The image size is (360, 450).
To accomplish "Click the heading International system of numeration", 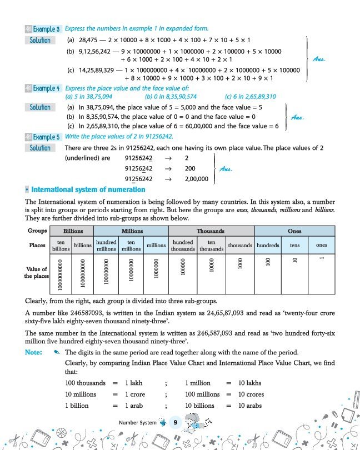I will tap(88, 190).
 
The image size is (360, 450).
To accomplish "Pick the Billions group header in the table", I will tap(73, 231).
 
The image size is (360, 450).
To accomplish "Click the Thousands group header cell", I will tap(211, 231).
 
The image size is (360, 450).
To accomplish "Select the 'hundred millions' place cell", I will tap(106, 246).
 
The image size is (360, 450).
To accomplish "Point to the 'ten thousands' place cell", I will tap(211, 246).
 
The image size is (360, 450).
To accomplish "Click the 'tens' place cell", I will tap(294, 245).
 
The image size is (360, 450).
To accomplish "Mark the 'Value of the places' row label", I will tap(37, 272).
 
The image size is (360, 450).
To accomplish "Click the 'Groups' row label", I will tap(37, 231).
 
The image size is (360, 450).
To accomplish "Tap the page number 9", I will tap(175, 423).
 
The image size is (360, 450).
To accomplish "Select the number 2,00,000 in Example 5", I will tap(196, 179).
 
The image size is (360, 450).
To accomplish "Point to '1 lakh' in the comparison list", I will tap(134, 383).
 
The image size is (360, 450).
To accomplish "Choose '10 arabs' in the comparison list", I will tap(250, 406).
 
